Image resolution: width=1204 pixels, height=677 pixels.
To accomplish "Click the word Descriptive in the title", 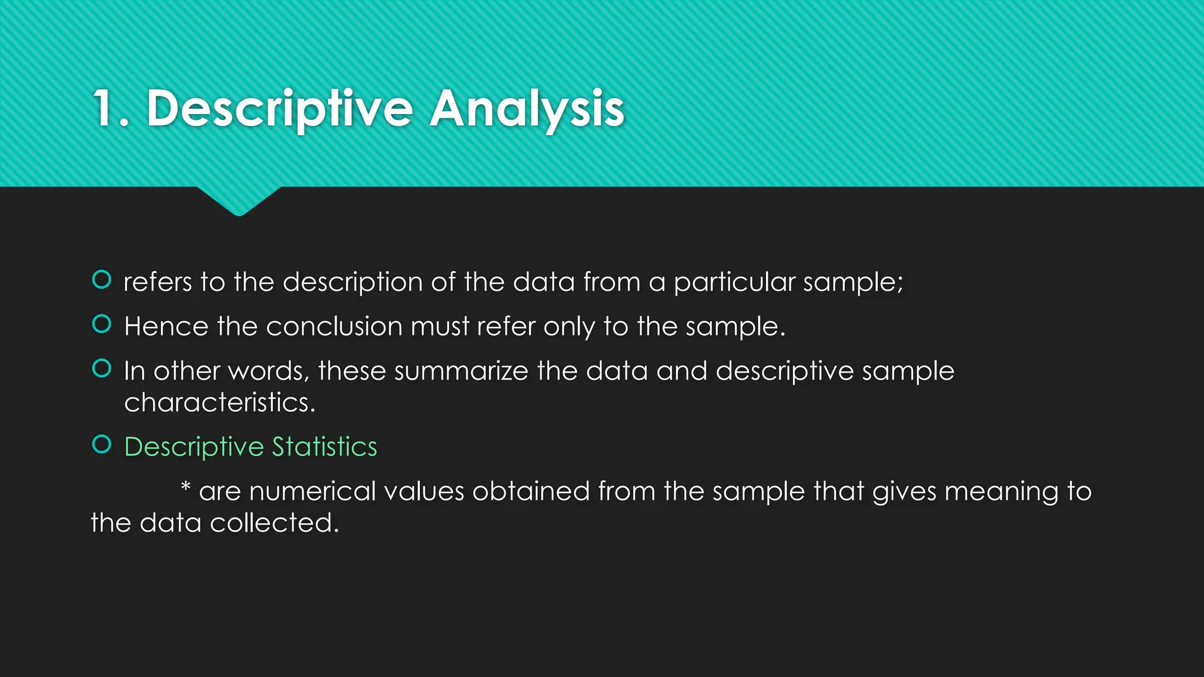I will pyautogui.click(x=280, y=109).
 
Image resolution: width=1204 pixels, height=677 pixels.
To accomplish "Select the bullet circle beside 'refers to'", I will pyautogui.click(x=102, y=280).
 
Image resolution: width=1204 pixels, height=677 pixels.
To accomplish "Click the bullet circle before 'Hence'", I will pyautogui.click(x=102, y=324).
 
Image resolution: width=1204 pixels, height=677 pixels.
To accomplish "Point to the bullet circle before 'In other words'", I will pyautogui.click(x=102, y=368).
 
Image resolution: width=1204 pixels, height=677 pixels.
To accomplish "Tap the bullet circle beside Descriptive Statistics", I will pyautogui.click(x=102, y=444).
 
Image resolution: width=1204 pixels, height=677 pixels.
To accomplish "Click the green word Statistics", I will pyautogui.click(x=325, y=447).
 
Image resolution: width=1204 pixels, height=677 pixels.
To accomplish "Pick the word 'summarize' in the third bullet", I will pyautogui.click(x=461, y=371).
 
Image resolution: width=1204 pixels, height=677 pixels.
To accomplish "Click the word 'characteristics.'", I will pyautogui.click(x=220, y=403).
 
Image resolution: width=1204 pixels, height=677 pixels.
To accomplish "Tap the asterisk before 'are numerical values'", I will pyautogui.click(x=185, y=487).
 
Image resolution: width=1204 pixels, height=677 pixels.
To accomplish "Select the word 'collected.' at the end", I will pyautogui.click(x=275, y=523).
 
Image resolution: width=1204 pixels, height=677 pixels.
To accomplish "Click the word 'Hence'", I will pyautogui.click(x=166, y=327).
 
